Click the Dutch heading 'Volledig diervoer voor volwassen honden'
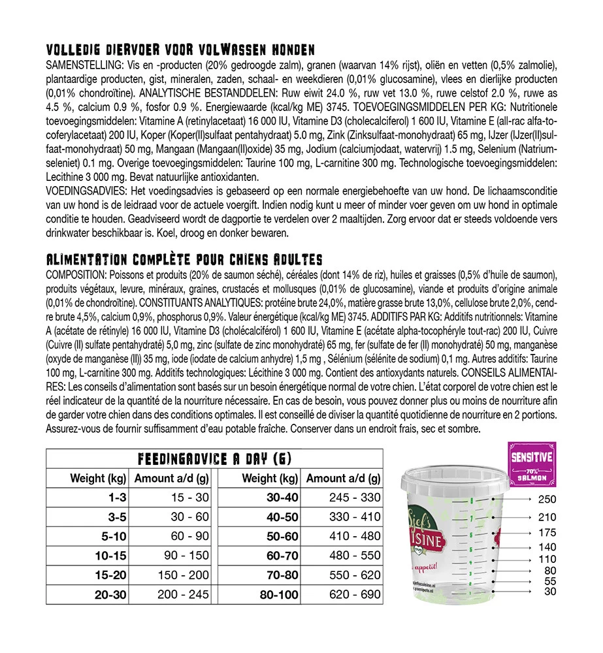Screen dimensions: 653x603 [180, 50]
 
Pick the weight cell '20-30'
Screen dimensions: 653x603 [110, 596]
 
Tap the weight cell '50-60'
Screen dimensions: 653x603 [282, 537]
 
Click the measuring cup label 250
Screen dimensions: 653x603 [546, 501]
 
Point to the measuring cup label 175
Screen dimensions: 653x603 [546, 533]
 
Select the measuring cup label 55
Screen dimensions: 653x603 [550, 581]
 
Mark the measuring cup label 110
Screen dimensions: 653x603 [547, 560]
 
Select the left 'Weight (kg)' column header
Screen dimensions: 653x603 [98, 479]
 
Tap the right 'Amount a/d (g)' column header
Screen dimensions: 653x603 [343, 479]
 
